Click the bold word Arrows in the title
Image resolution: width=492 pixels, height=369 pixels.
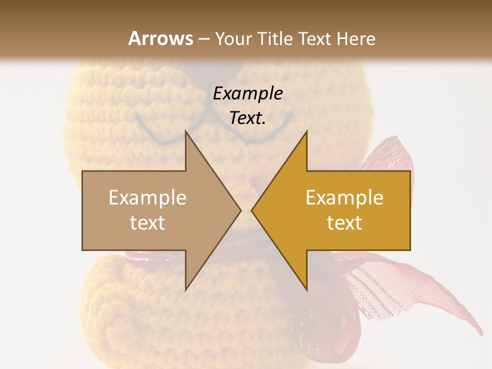[160, 38]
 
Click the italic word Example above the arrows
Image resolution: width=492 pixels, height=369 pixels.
[248, 94]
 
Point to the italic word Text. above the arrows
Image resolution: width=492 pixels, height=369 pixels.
[248, 118]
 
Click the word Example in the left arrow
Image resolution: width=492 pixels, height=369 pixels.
[148, 197]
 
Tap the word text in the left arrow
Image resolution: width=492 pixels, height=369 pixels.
[148, 222]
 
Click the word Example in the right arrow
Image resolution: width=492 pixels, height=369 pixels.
[344, 197]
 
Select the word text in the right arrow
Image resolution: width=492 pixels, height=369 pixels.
[344, 222]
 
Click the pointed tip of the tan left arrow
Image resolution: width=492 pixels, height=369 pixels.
[240, 210]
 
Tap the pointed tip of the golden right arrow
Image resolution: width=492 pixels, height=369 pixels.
[252, 210]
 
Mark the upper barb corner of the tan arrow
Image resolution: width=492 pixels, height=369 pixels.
[186, 131]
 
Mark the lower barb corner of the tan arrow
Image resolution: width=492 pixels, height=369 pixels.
[186, 290]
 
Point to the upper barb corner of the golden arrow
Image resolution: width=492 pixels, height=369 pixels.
[306, 131]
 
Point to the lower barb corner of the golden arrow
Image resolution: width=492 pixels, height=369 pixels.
[306, 290]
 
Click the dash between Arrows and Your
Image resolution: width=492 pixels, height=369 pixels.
[204, 39]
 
